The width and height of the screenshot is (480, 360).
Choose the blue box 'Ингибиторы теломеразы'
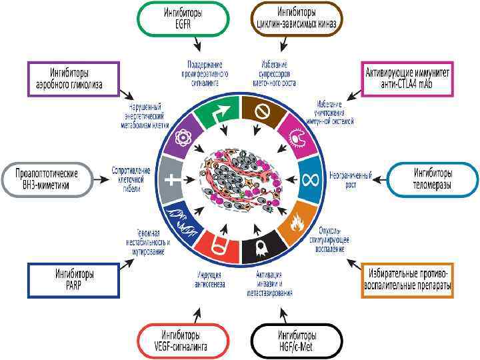(x=433, y=178)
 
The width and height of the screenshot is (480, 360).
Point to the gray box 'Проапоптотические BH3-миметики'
(x=47, y=179)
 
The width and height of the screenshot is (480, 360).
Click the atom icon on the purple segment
(x=183, y=137)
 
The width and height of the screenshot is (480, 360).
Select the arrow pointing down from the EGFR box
(x=197, y=44)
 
